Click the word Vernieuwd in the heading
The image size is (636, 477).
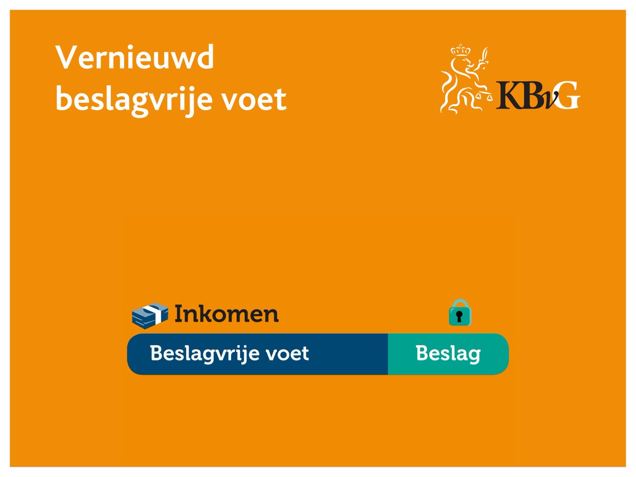point(135,58)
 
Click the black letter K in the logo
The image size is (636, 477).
point(510,95)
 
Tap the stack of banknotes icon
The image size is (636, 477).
point(149,314)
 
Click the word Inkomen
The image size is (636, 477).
point(226,314)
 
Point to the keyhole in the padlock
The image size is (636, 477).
point(460,317)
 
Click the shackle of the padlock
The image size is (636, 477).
point(460,304)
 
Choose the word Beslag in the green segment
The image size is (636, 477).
point(448,354)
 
